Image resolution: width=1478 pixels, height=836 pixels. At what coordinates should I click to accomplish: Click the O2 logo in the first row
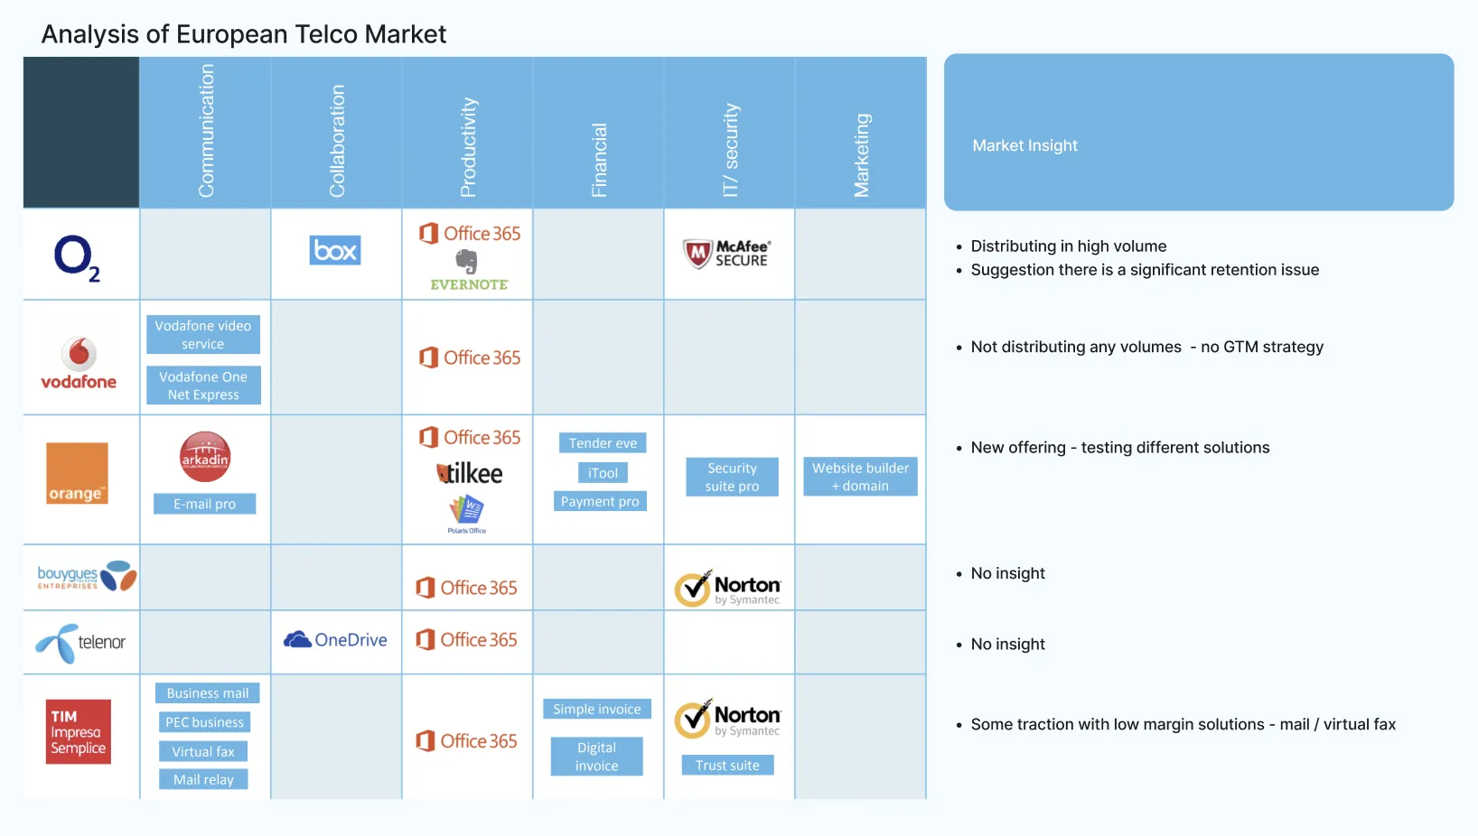77,258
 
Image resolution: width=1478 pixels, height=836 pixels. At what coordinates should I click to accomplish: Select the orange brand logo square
77,473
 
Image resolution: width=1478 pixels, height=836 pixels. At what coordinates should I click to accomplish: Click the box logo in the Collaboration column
335,250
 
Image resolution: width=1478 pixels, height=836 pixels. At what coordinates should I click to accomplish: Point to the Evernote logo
468,271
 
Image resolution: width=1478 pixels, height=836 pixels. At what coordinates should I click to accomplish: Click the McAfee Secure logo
726,254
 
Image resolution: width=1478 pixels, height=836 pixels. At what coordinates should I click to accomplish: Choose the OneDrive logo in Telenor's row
335,640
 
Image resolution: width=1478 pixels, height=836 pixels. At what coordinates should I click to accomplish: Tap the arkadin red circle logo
205,457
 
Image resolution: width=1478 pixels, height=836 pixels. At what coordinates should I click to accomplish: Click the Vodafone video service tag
203,335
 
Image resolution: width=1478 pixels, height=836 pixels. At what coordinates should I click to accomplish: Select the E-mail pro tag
204,504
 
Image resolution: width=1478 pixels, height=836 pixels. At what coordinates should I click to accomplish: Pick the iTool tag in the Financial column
603,473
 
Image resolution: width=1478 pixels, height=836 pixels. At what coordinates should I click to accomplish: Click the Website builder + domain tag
860,477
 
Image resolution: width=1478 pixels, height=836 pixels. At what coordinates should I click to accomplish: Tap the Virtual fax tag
203,751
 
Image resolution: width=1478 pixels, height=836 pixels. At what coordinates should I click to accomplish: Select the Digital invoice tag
597,757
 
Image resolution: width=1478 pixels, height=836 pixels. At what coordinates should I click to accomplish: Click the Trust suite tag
727,766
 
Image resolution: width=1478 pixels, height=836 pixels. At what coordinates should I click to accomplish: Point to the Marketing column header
861,155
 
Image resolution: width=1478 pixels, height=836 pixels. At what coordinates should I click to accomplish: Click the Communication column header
206,131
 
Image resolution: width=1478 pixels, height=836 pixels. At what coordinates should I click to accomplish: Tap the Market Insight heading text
1024,145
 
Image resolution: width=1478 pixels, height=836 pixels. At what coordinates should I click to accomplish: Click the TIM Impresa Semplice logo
79,732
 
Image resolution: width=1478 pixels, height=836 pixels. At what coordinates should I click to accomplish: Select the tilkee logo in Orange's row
469,473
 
